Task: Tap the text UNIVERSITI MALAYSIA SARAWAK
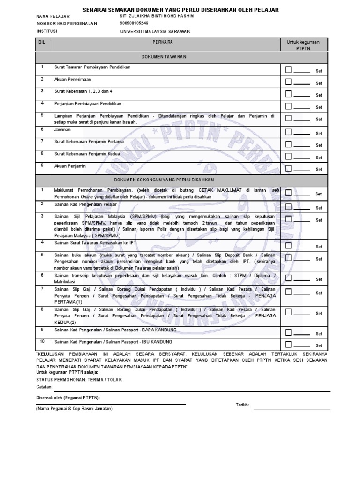155,31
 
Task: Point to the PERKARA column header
165,42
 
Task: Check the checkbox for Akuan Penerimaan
289,82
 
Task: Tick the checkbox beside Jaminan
289,132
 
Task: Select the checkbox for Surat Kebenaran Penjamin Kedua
289,156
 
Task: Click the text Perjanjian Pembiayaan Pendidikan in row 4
88,103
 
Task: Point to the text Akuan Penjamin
70,166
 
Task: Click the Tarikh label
242,405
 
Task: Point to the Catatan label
45,387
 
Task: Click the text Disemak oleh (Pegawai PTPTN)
68,397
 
